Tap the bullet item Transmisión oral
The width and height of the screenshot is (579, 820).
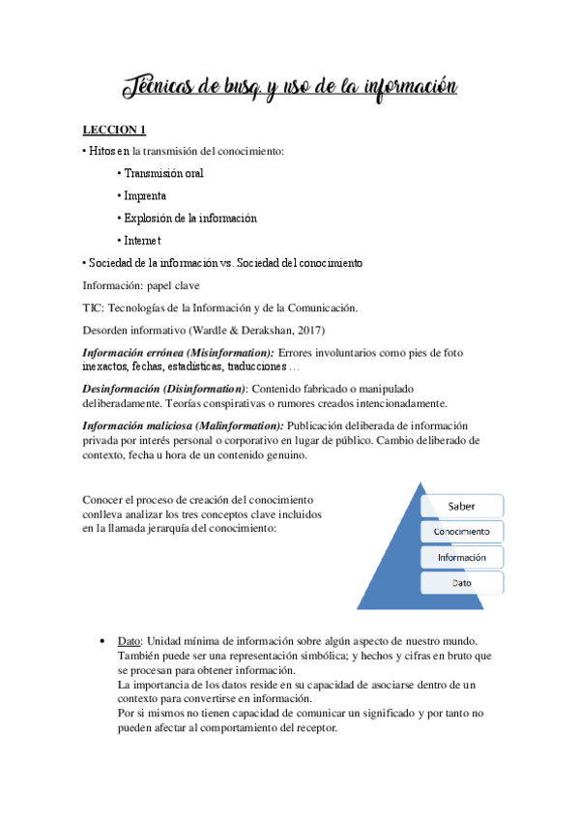(162, 173)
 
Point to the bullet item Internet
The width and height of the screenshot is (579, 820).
(141, 240)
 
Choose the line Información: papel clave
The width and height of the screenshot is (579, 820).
(141, 285)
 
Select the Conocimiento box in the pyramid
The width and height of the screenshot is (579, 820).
(461, 532)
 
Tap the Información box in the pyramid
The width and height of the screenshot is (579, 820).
(461, 558)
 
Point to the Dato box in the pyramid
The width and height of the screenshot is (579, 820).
(461, 583)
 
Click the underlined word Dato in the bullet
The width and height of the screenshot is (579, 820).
(129, 642)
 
